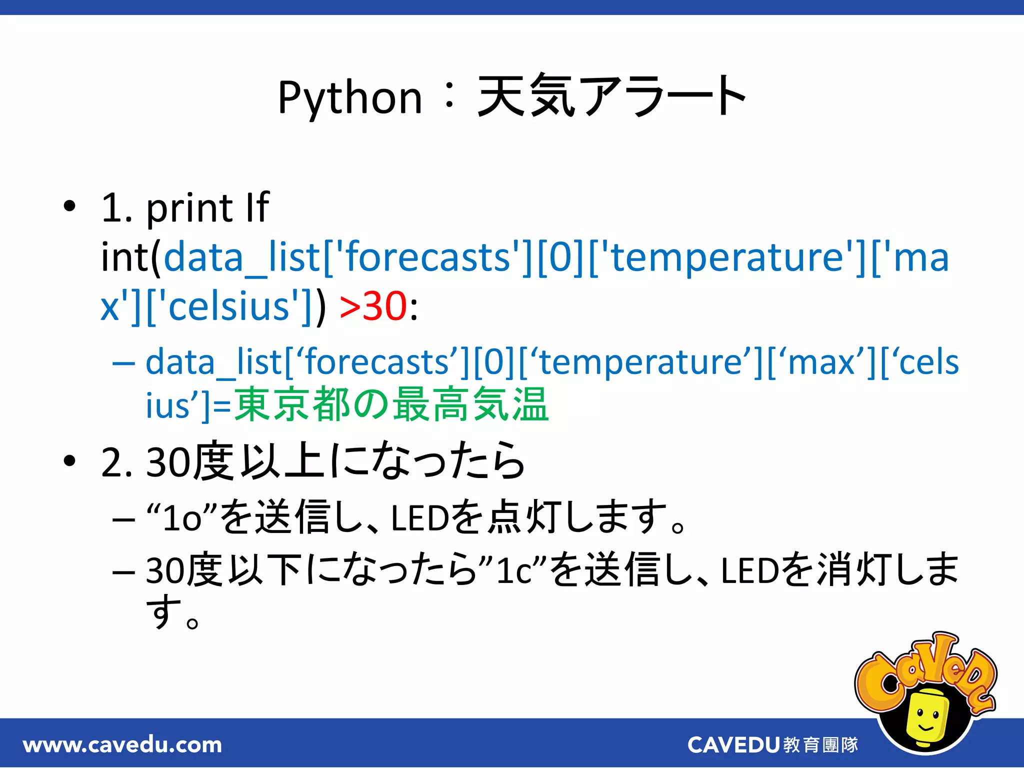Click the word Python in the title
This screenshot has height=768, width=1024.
(x=350, y=98)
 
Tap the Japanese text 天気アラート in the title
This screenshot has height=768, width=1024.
(x=612, y=96)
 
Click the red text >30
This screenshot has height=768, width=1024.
(x=373, y=306)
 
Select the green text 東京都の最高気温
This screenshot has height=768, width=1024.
(x=391, y=404)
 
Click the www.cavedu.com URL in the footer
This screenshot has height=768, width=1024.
(x=122, y=744)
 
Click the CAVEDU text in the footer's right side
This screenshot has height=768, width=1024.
(x=733, y=745)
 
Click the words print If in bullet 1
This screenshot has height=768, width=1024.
(x=208, y=208)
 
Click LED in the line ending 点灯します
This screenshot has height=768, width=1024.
(x=420, y=518)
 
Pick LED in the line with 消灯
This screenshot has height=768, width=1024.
(x=750, y=570)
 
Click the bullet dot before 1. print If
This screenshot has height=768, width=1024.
(x=69, y=206)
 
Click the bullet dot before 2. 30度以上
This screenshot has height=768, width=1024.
(x=69, y=460)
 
